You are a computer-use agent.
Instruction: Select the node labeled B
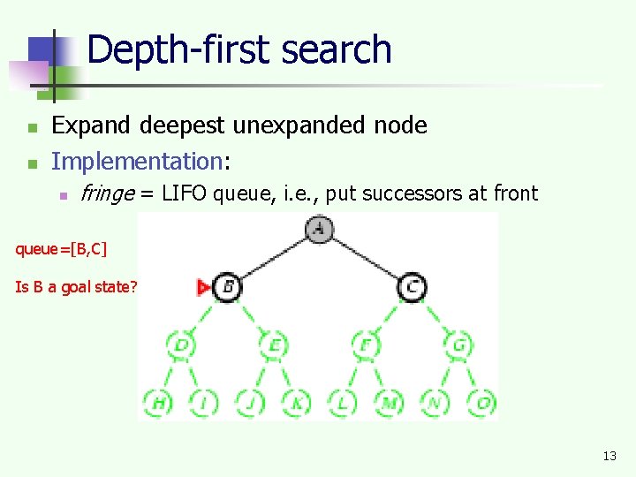tap(227, 286)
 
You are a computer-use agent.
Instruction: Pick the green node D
tap(181, 344)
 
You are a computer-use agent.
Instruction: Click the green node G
tap(458, 344)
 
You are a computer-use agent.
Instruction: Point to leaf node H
tap(159, 403)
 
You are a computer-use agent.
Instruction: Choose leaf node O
tap(481, 403)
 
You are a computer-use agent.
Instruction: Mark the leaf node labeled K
tap(297, 403)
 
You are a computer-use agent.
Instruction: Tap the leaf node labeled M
tap(390, 403)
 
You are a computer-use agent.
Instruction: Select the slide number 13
tap(609, 456)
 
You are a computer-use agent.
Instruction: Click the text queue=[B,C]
tap(61, 249)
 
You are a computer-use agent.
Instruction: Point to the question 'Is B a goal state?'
tap(76, 287)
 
